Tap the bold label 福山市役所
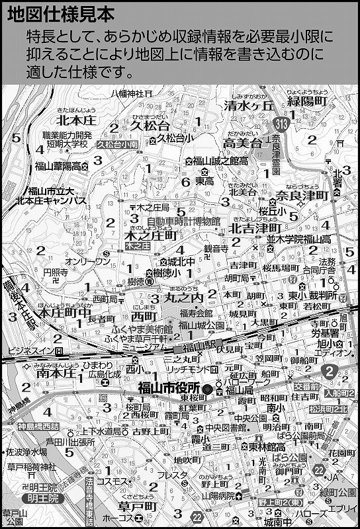pos(169,389)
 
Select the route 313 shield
pos(282,123)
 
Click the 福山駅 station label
pos(197,346)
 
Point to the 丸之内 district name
pos(180,299)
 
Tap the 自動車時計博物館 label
pos(184,222)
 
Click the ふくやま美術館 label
pos(142,329)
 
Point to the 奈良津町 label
pos(302,196)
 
